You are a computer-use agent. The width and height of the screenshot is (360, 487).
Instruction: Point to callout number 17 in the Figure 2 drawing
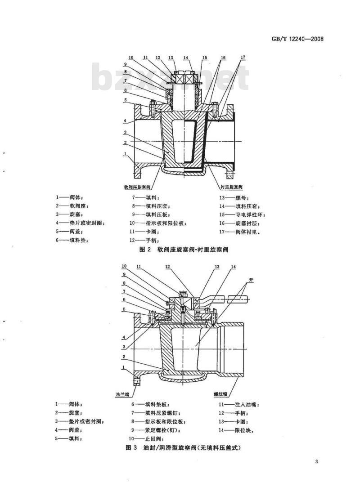(243, 58)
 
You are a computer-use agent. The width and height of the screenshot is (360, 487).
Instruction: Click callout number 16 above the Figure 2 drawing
(223, 58)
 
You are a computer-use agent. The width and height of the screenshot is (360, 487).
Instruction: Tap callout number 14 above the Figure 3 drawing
(233, 267)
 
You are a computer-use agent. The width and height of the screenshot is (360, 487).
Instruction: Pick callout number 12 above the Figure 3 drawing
(167, 267)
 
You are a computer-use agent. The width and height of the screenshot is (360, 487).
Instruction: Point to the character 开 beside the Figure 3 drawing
(252, 280)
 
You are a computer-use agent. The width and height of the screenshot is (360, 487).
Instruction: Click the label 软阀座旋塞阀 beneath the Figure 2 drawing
(137, 186)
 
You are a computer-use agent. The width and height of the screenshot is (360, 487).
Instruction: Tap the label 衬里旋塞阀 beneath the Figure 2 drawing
(232, 186)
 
